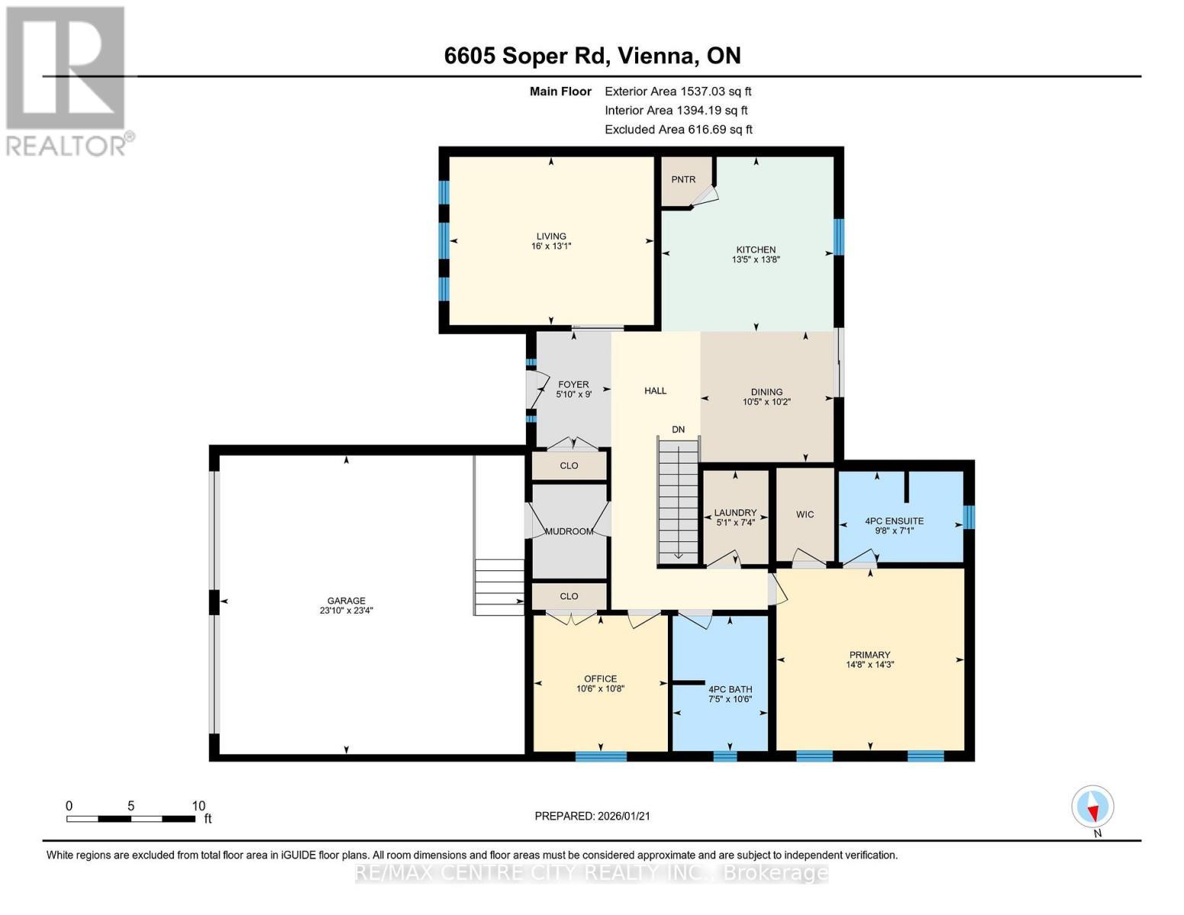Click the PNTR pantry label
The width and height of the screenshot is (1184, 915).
click(x=683, y=180)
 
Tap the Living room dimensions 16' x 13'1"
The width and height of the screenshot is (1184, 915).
click(x=550, y=246)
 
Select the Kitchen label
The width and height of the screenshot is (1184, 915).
click(x=756, y=250)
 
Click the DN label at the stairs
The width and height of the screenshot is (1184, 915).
click(x=678, y=430)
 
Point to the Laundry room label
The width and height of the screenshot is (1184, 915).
click(x=735, y=513)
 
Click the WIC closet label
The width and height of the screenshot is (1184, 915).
click(x=805, y=515)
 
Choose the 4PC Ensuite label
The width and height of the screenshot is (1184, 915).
click(x=894, y=522)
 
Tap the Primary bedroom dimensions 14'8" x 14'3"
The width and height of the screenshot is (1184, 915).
click(x=870, y=665)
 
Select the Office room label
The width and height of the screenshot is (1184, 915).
click(x=600, y=679)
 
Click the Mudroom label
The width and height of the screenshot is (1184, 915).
click(x=570, y=531)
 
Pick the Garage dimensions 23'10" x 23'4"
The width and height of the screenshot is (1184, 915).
click(x=346, y=611)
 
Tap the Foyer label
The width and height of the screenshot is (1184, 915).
click(x=573, y=385)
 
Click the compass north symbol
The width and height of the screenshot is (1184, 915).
click(x=1093, y=807)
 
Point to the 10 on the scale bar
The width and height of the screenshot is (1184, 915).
click(x=198, y=806)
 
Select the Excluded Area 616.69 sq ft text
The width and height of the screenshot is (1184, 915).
click(x=679, y=130)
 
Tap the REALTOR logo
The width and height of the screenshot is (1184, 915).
click(x=67, y=80)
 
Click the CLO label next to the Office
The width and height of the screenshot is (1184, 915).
click(x=569, y=596)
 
